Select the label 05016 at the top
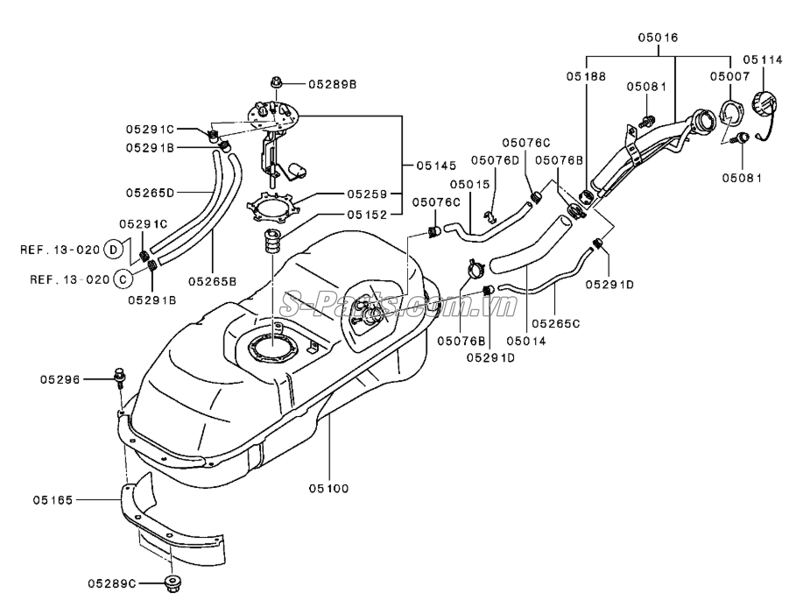click(x=657, y=39)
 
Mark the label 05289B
click(x=333, y=84)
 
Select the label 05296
click(x=60, y=379)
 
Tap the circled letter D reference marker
click(x=113, y=250)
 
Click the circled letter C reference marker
click(x=122, y=280)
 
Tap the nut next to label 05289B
click(x=276, y=84)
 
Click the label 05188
click(x=584, y=76)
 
